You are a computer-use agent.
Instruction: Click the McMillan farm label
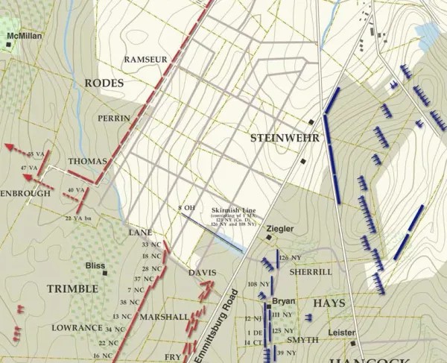(25, 35)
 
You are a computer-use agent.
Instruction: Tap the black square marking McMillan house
(8, 45)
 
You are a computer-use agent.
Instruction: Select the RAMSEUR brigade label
(146, 59)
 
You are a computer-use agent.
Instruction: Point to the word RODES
(104, 83)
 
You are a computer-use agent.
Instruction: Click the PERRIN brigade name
(114, 119)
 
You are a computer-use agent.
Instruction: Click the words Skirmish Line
(233, 211)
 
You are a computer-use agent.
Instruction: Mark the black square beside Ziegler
(270, 238)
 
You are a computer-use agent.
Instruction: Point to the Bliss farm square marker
(105, 274)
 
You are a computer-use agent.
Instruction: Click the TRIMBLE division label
(72, 288)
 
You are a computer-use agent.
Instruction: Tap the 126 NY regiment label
(291, 258)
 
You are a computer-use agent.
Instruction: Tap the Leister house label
(341, 332)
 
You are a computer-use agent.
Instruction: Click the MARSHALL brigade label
(162, 317)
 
